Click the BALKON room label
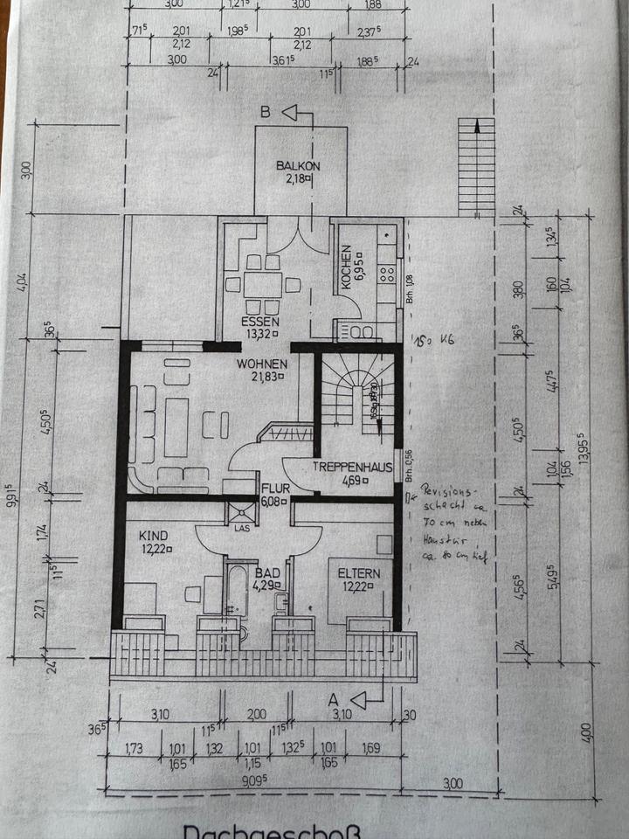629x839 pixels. point(299,165)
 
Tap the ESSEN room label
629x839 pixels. point(259,321)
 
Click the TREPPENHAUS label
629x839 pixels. point(352,467)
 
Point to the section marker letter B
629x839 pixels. point(265,112)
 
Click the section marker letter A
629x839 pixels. point(333,699)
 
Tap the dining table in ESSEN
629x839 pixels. point(262,285)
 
